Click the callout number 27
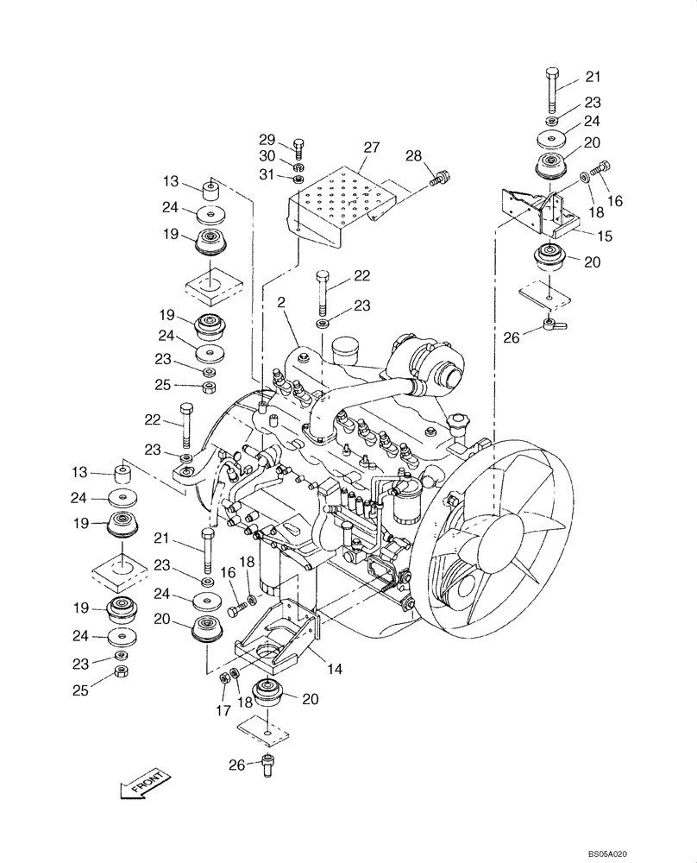coord(370,149)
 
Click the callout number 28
coord(414,156)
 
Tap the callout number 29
coord(268,140)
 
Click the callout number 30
coord(268,158)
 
